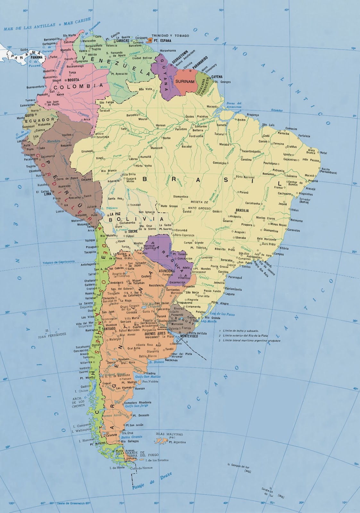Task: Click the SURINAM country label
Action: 185,81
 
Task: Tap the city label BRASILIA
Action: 242,211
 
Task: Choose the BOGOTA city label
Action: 73,80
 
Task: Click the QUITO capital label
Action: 29,114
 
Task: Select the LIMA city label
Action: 47,194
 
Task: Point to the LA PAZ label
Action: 115,214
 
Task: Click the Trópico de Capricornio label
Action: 59,262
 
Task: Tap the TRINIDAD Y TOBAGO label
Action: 170,36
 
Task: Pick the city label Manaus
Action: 161,125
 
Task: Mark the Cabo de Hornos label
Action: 141,468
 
